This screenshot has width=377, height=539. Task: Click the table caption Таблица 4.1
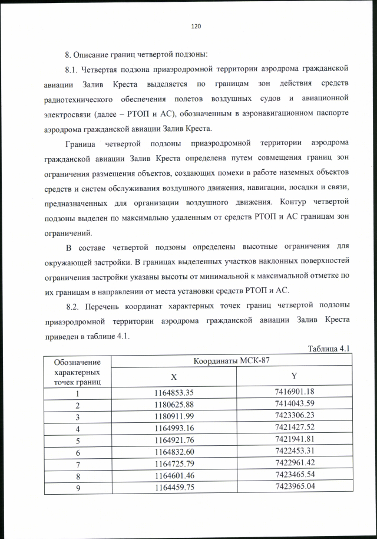(x=329, y=349)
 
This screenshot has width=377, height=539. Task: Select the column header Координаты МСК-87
(x=232, y=360)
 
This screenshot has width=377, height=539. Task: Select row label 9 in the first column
(x=77, y=488)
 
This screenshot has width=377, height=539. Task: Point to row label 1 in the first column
(x=77, y=393)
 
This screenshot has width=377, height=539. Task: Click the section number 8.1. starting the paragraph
(x=74, y=69)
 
